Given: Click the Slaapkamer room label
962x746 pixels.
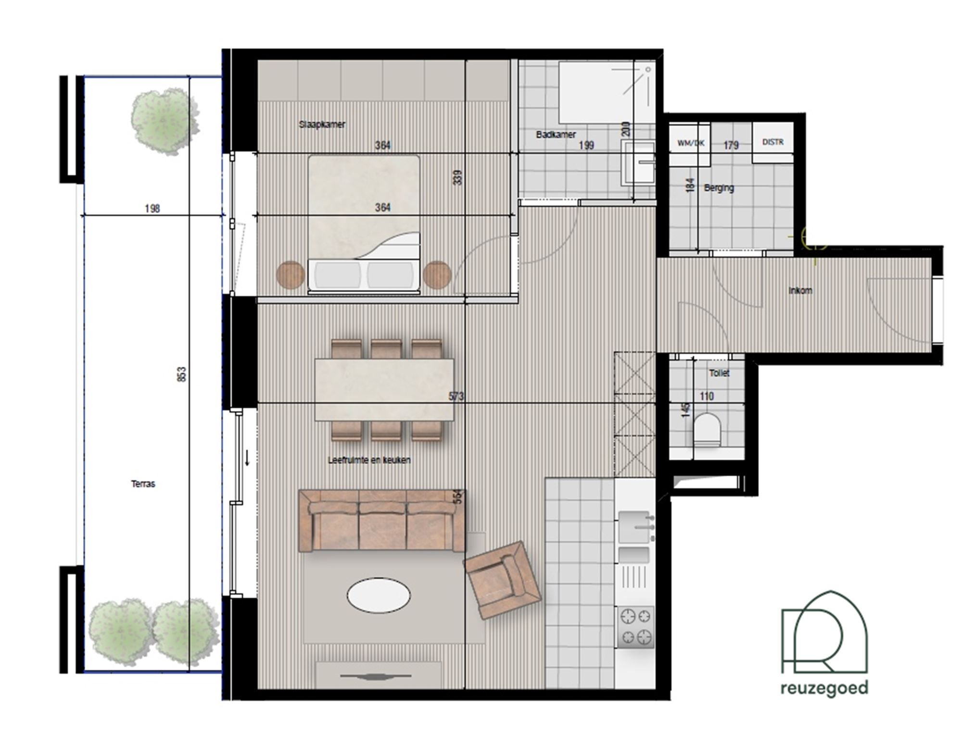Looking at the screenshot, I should click(322, 124).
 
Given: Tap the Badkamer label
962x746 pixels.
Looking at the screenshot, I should click(556, 135).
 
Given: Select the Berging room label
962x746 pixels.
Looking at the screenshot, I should click(719, 188).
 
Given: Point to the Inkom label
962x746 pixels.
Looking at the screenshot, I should click(800, 290).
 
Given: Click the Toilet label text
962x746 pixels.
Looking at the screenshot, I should click(719, 373).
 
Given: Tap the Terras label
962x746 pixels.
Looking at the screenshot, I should click(143, 484).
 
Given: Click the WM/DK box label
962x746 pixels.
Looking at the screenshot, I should click(691, 143).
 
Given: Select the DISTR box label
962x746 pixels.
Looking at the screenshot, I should click(772, 142).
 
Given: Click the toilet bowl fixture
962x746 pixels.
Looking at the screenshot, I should click(707, 429).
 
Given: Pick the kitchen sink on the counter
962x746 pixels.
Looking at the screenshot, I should click(634, 527).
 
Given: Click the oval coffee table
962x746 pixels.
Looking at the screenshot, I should click(379, 596).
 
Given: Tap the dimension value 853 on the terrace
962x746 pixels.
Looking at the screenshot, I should click(181, 374).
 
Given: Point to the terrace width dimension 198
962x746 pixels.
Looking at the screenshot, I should click(152, 209).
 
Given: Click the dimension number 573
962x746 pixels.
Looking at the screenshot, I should click(456, 396).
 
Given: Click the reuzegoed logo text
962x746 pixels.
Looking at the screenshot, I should click(824, 688).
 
